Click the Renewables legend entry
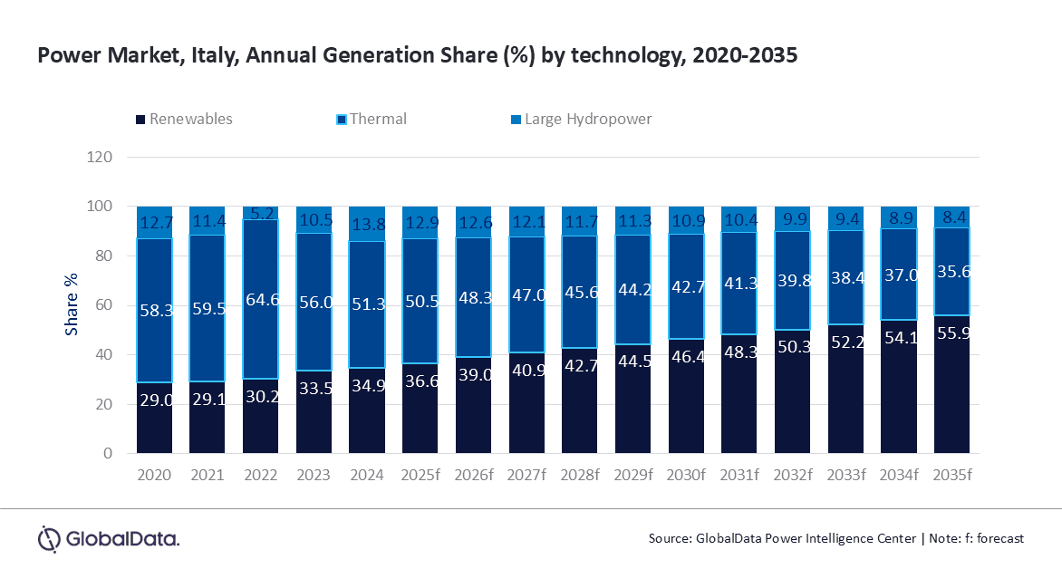(x=190, y=119)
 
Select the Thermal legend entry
(x=378, y=119)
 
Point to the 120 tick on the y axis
(x=100, y=157)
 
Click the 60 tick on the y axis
(x=103, y=305)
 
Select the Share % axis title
(x=71, y=305)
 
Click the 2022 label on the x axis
(x=261, y=475)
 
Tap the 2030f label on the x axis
(x=686, y=475)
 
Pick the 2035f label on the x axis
(x=951, y=475)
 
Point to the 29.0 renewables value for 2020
(x=155, y=424)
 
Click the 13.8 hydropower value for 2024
(x=367, y=222)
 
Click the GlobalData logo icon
(x=48, y=538)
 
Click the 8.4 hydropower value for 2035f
(x=951, y=218)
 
